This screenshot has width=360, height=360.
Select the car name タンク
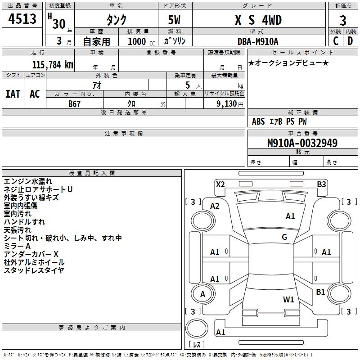click(x=116, y=20)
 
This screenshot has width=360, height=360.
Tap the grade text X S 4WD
click(x=259, y=20)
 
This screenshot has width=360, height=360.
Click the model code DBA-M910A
click(x=258, y=41)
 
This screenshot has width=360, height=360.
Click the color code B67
click(x=75, y=103)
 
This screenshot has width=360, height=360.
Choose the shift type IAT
click(x=13, y=94)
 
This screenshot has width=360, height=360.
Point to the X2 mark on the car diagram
click(x=220, y=184)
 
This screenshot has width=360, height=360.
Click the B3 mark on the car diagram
click(x=321, y=184)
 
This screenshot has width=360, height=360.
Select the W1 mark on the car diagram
click(x=288, y=299)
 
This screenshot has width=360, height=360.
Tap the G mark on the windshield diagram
click(x=284, y=237)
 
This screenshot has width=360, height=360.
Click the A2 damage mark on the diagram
click(x=215, y=206)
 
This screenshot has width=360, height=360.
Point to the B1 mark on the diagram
click(x=320, y=292)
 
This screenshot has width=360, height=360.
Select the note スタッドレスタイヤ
click(x=34, y=270)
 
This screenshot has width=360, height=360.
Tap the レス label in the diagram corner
click(x=197, y=345)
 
